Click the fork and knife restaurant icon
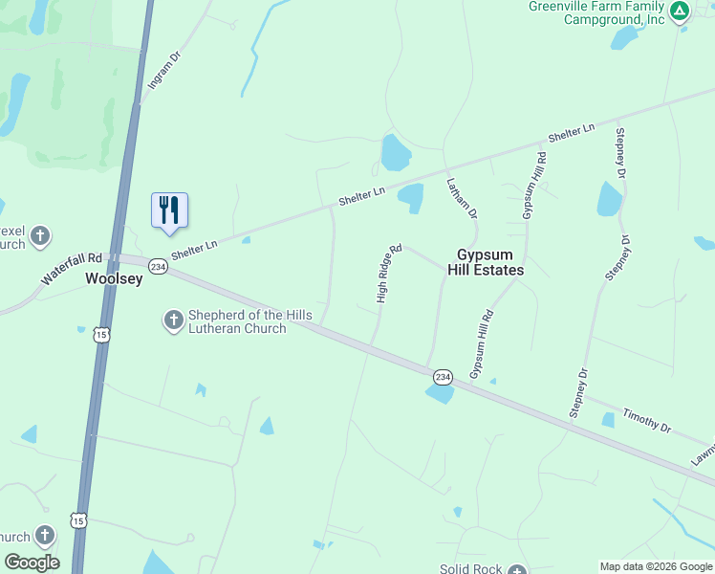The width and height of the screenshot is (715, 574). coord(169,210)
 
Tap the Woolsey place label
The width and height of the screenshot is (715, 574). coord(114,279)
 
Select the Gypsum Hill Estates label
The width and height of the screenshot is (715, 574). coord(486,262)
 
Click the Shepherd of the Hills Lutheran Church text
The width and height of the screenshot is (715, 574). coord(237,321)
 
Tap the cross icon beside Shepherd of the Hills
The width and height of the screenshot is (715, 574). coord(174,320)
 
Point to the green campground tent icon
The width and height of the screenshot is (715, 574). coord(679,11)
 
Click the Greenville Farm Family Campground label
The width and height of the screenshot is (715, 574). coord(596,12)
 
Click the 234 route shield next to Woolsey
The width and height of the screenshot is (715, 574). coord(159,267)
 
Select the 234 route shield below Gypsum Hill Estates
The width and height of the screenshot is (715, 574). coord(442,377)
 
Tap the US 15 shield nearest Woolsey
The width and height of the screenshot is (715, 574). coord(100,334)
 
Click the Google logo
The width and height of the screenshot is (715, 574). coord(32,563)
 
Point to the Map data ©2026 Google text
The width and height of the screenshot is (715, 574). coord(655,566)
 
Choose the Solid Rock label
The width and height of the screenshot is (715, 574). coord(470,569)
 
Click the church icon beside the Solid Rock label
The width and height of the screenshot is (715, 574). coord(517,569)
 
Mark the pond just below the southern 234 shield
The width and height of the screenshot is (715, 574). coord(440,393)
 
